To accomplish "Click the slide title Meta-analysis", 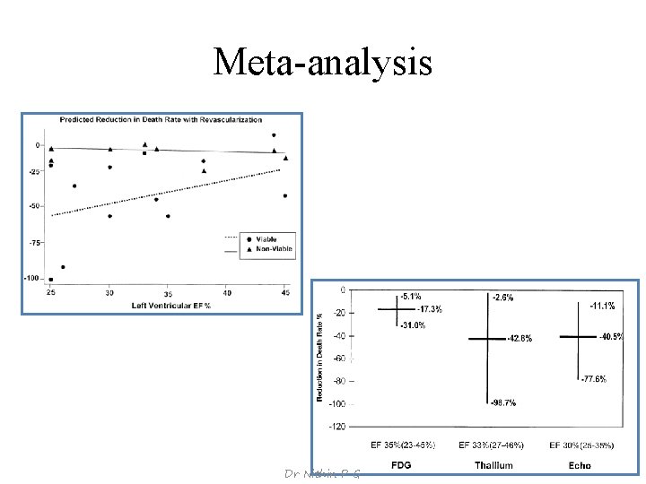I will pyautogui.click(x=323, y=62).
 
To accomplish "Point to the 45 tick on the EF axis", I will pyautogui.click(x=285, y=293).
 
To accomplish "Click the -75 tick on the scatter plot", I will pyautogui.click(x=35, y=242).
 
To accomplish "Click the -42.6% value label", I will pyautogui.click(x=519, y=339).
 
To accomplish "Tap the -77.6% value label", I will pyautogui.click(x=593, y=379).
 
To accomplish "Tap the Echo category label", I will pyautogui.click(x=580, y=465).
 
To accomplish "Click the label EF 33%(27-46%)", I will pyautogui.click(x=492, y=445).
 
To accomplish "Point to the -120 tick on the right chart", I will pyautogui.click(x=335, y=427).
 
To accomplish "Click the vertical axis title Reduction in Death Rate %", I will pyautogui.click(x=321, y=356).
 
